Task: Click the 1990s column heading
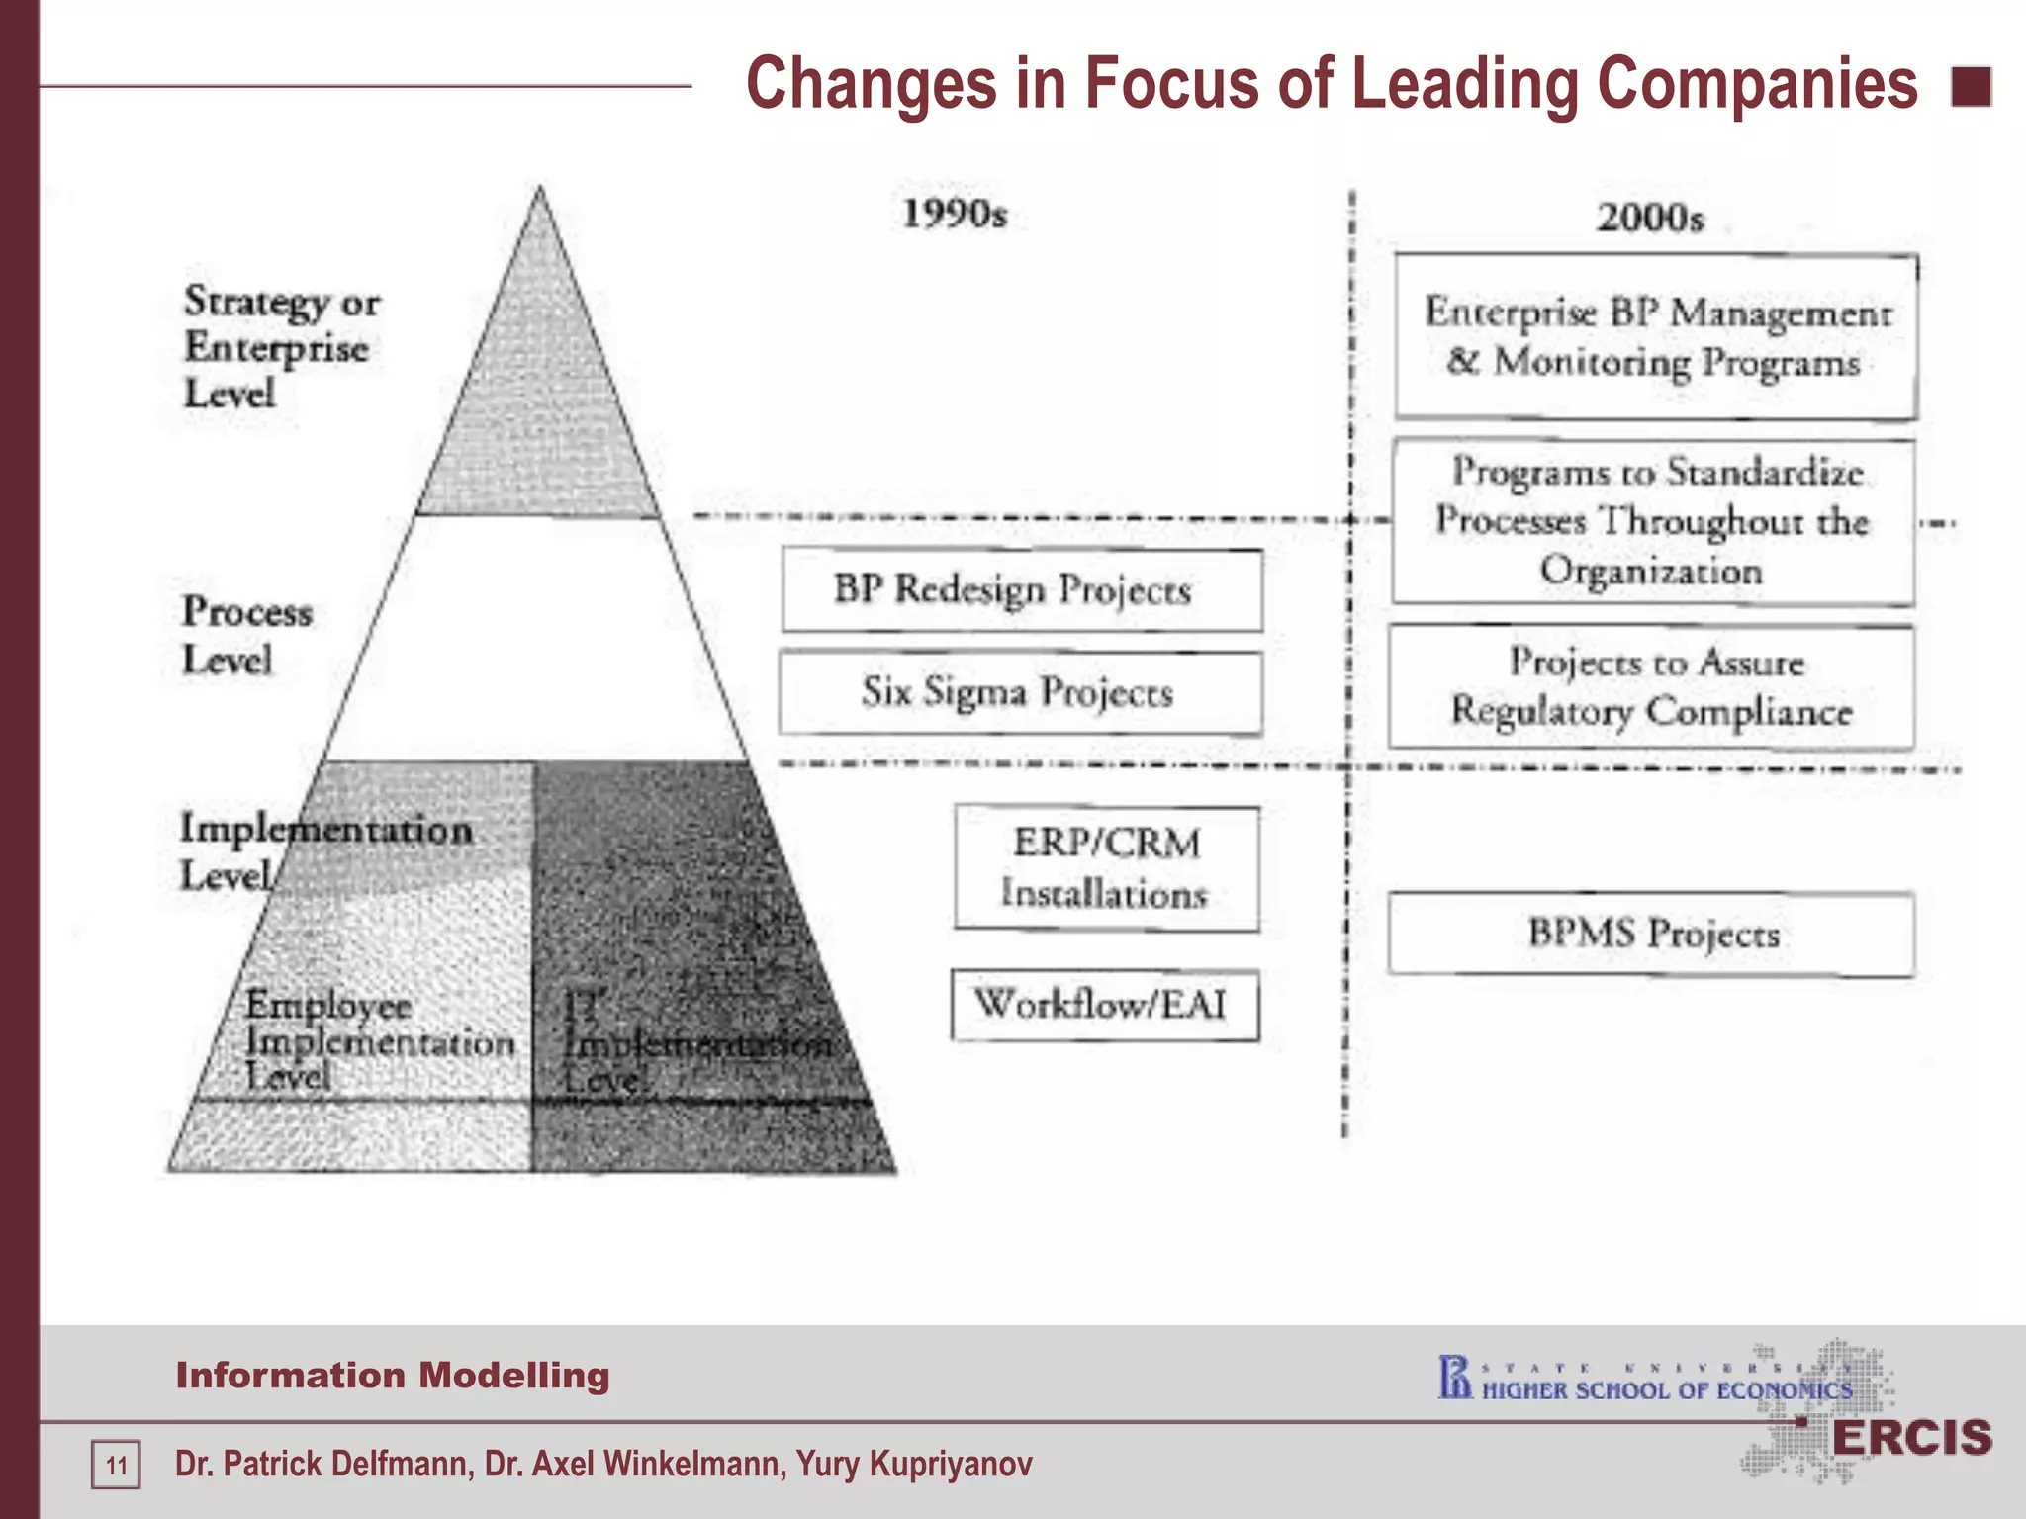954,214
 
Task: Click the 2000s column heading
1650,218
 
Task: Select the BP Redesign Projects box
1021,590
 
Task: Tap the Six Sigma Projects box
1019,692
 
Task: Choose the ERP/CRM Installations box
1106,868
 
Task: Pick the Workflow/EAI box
1104,1006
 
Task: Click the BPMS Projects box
1651,934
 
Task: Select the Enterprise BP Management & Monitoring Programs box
1655,336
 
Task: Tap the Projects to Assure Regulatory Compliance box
1651,686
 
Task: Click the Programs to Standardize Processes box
1652,521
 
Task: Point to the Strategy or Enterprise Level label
281,347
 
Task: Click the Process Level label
246,635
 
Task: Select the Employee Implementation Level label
379,1040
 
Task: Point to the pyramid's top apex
539,191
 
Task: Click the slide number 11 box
116,1465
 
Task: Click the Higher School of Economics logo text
1666,1390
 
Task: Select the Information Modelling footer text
393,1376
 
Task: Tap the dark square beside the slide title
1971,87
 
